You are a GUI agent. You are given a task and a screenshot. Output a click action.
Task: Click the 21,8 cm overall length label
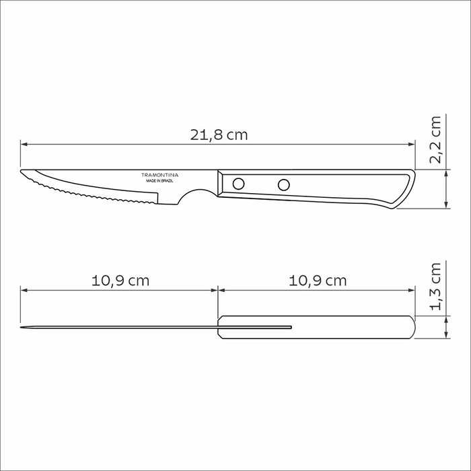(x=219, y=135)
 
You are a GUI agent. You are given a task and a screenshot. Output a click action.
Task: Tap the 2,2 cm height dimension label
(x=435, y=140)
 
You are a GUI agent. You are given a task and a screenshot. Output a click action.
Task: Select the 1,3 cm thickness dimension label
(x=435, y=286)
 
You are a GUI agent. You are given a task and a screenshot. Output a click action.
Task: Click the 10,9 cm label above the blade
(x=120, y=281)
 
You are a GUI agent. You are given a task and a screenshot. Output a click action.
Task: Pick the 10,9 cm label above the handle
(x=318, y=281)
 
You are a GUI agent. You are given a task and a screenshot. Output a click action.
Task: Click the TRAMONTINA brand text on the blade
(x=160, y=175)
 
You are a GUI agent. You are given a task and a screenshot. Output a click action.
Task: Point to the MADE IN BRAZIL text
(x=160, y=181)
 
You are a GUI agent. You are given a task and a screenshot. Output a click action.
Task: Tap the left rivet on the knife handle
(x=238, y=184)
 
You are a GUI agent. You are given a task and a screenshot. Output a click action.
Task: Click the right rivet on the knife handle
(x=283, y=185)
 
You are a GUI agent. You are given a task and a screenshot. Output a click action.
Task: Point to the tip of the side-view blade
(x=21, y=171)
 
